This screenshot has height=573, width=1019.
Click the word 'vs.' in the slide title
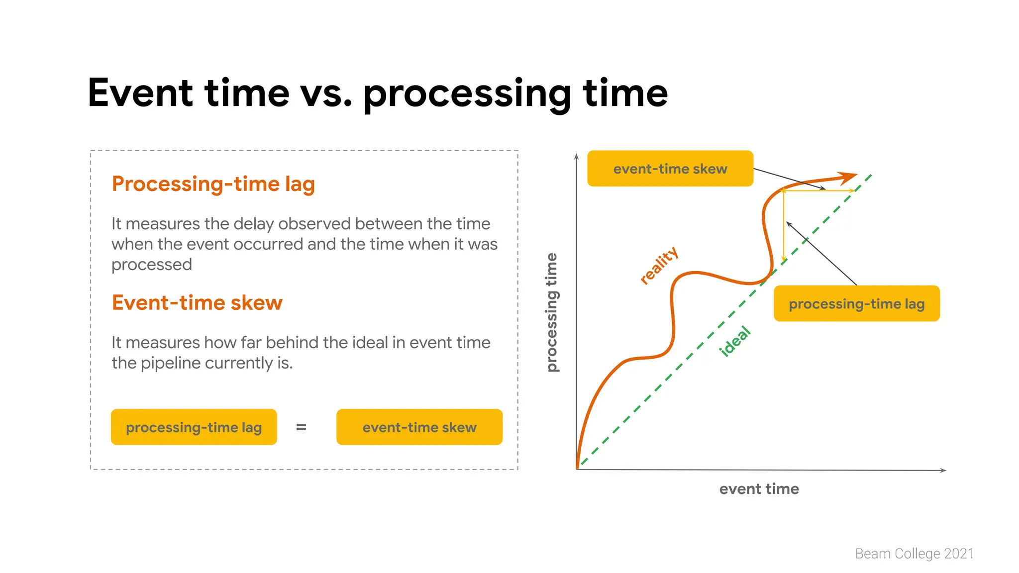tap(326, 94)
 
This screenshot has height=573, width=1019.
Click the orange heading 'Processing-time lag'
tap(213, 184)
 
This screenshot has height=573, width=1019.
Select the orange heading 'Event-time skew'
tap(197, 303)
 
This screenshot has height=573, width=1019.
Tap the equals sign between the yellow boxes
tap(301, 427)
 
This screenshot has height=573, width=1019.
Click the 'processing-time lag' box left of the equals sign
tap(194, 427)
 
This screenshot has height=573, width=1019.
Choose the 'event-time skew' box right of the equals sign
tap(419, 427)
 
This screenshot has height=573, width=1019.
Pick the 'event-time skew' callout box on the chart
tap(670, 169)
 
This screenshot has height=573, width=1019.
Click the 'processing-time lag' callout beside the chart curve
tap(856, 304)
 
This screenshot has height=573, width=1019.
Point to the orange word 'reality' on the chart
tap(659, 266)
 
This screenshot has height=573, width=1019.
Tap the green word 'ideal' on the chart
tap(734, 342)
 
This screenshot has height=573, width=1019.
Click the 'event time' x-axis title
tap(759, 489)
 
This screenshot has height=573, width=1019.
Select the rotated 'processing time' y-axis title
tap(552, 312)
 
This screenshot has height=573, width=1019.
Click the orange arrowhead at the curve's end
tap(847, 178)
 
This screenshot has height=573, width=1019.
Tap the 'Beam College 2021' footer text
tap(914, 554)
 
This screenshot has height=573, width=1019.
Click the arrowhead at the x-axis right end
tap(942, 470)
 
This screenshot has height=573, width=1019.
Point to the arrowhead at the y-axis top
tap(576, 157)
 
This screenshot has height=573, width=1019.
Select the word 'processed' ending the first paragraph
tap(151, 265)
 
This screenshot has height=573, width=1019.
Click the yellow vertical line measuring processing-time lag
tap(784, 229)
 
